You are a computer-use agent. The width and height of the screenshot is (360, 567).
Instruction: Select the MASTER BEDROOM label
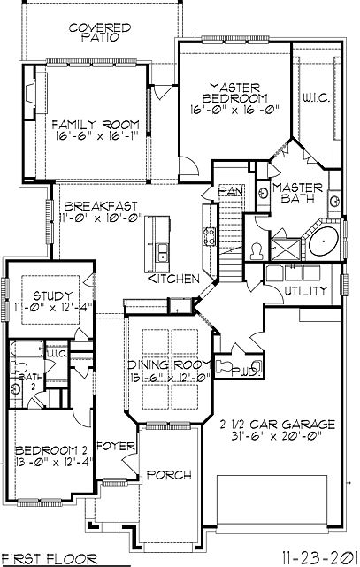[x=234, y=92]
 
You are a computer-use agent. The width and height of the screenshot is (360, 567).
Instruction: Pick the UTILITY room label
[x=306, y=290]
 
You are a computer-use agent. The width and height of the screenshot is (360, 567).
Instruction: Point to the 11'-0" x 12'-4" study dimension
[x=51, y=308]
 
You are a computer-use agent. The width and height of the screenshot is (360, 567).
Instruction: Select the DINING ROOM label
[x=168, y=364]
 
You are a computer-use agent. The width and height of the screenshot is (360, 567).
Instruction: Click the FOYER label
[x=115, y=444]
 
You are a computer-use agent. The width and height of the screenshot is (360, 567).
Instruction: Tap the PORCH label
[x=168, y=475]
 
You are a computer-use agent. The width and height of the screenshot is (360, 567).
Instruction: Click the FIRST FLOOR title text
[x=43, y=559]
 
